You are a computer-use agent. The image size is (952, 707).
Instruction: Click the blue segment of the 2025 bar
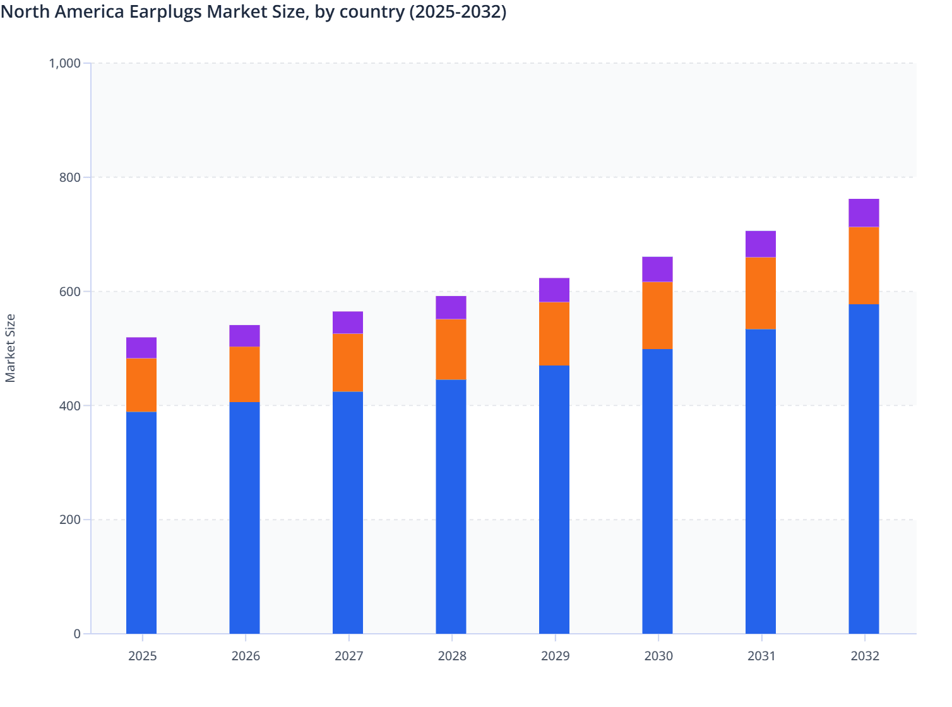point(141,523)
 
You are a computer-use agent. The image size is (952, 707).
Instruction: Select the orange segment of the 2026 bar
point(244,374)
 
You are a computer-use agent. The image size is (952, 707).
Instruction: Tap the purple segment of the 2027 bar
point(348,323)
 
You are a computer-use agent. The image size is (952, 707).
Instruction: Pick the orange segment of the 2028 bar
point(451,349)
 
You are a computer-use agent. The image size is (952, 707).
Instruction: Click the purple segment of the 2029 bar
point(554,290)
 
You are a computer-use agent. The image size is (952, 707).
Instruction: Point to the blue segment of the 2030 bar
point(657,491)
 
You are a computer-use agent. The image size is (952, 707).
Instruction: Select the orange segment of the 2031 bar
point(761,293)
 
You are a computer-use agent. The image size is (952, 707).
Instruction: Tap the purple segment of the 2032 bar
point(864,213)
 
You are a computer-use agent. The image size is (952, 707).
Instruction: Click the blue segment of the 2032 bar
point(864,468)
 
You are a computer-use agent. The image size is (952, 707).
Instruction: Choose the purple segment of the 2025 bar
point(141,348)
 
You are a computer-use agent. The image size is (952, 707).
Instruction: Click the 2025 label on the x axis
point(142,656)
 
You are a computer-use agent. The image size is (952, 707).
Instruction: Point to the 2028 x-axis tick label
point(452,656)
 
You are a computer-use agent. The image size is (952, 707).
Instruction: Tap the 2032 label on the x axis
point(865,656)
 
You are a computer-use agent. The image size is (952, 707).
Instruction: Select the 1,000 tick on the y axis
point(65,63)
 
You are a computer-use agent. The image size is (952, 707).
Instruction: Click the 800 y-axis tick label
point(71,177)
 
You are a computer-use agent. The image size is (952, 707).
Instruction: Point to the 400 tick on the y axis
point(71,406)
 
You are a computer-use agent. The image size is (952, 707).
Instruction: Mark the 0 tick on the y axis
point(77,634)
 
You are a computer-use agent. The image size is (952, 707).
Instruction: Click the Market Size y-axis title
point(11,348)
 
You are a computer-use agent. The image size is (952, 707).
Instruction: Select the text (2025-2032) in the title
point(458,12)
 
